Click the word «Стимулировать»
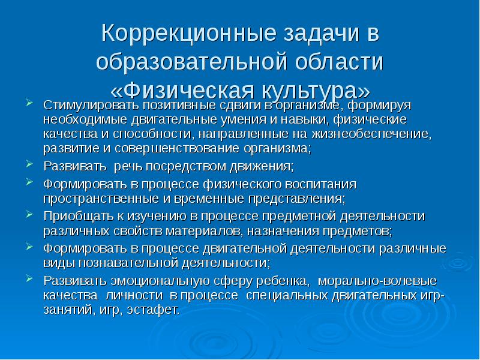tap(82, 106)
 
